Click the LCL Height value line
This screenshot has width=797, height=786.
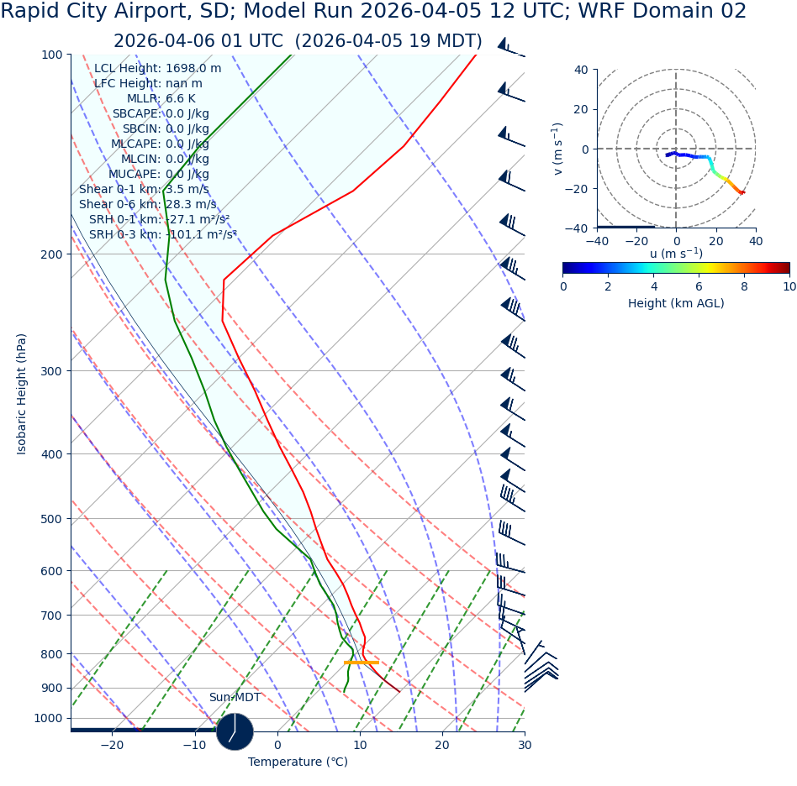point(157,69)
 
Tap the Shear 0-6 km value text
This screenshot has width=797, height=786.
point(147,205)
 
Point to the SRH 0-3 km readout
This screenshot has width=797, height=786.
point(162,235)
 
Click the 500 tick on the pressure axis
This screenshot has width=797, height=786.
point(51,519)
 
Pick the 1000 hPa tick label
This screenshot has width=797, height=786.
point(48,719)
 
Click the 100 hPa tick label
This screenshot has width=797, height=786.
point(51,55)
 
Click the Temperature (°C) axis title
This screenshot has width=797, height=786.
point(298,762)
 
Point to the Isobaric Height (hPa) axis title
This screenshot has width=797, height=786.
point(22,394)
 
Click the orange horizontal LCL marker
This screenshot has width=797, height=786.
point(362,663)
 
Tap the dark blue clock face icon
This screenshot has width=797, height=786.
point(235,731)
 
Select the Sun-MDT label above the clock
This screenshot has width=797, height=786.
point(235,698)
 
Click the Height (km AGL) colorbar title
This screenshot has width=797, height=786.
point(676,304)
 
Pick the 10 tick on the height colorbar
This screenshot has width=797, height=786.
point(789,286)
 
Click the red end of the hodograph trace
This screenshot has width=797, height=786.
point(742,193)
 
